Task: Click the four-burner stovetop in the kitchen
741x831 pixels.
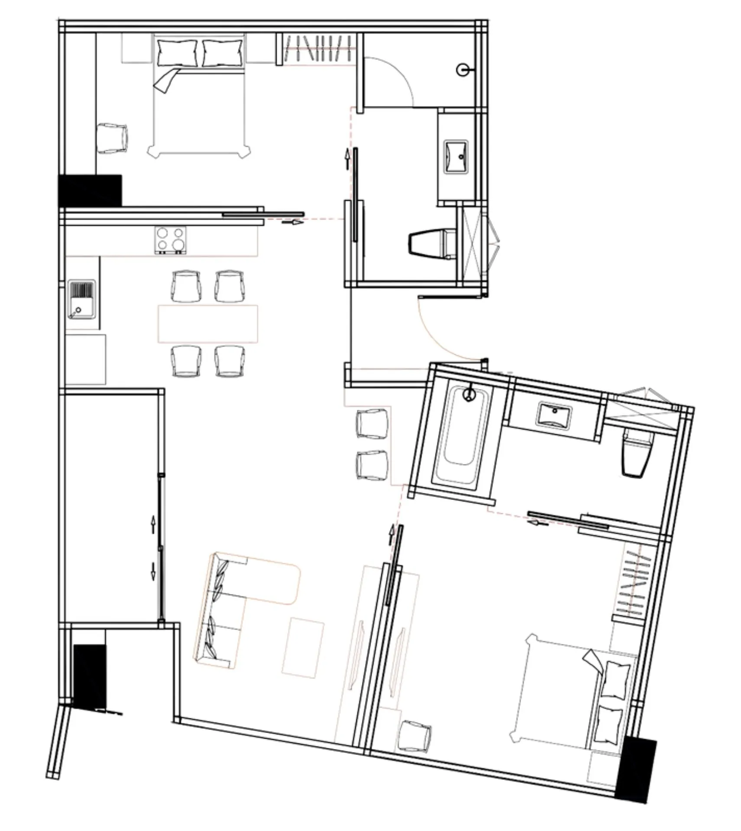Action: point(171,240)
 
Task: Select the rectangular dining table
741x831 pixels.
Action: point(208,323)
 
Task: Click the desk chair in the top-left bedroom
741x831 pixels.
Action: point(112,138)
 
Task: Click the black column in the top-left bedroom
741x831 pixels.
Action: point(90,190)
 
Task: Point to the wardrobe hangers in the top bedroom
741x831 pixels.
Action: point(318,48)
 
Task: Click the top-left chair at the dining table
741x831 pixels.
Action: point(186,286)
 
